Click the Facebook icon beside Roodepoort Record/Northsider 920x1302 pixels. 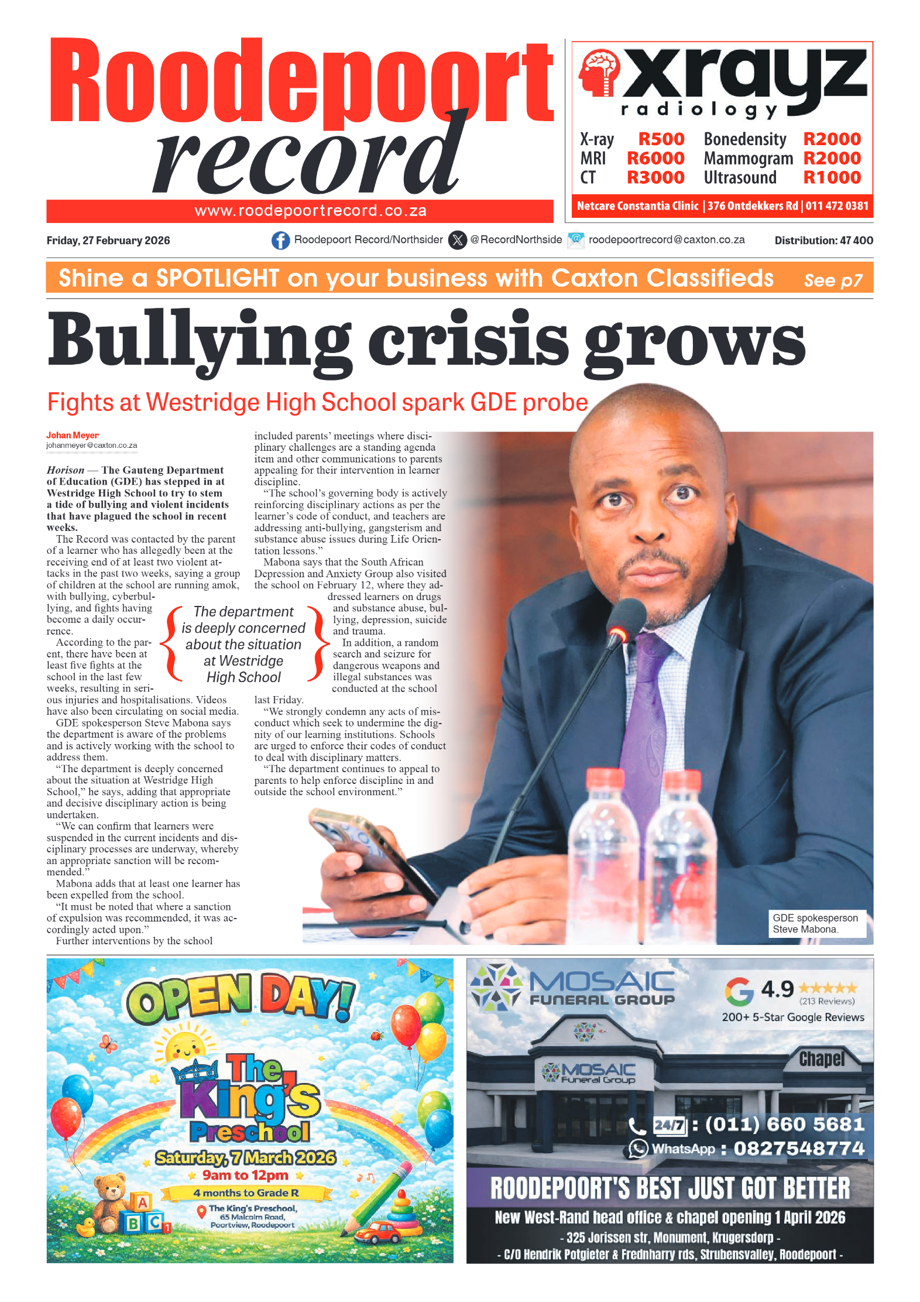click(280, 241)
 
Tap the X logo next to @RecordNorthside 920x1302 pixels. click(457, 241)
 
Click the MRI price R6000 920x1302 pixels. click(655, 159)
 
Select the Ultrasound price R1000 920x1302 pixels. click(832, 178)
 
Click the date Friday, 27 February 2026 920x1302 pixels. click(108, 241)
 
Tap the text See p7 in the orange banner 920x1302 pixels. click(833, 280)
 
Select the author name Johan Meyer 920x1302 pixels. click(73, 435)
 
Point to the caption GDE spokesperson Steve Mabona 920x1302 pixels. click(815, 923)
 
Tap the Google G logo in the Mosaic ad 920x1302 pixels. click(739, 991)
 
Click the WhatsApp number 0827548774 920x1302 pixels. click(799, 1149)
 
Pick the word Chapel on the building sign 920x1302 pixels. click(822, 1058)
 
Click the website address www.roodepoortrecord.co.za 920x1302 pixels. click(310, 211)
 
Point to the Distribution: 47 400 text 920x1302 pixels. click(823, 241)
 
